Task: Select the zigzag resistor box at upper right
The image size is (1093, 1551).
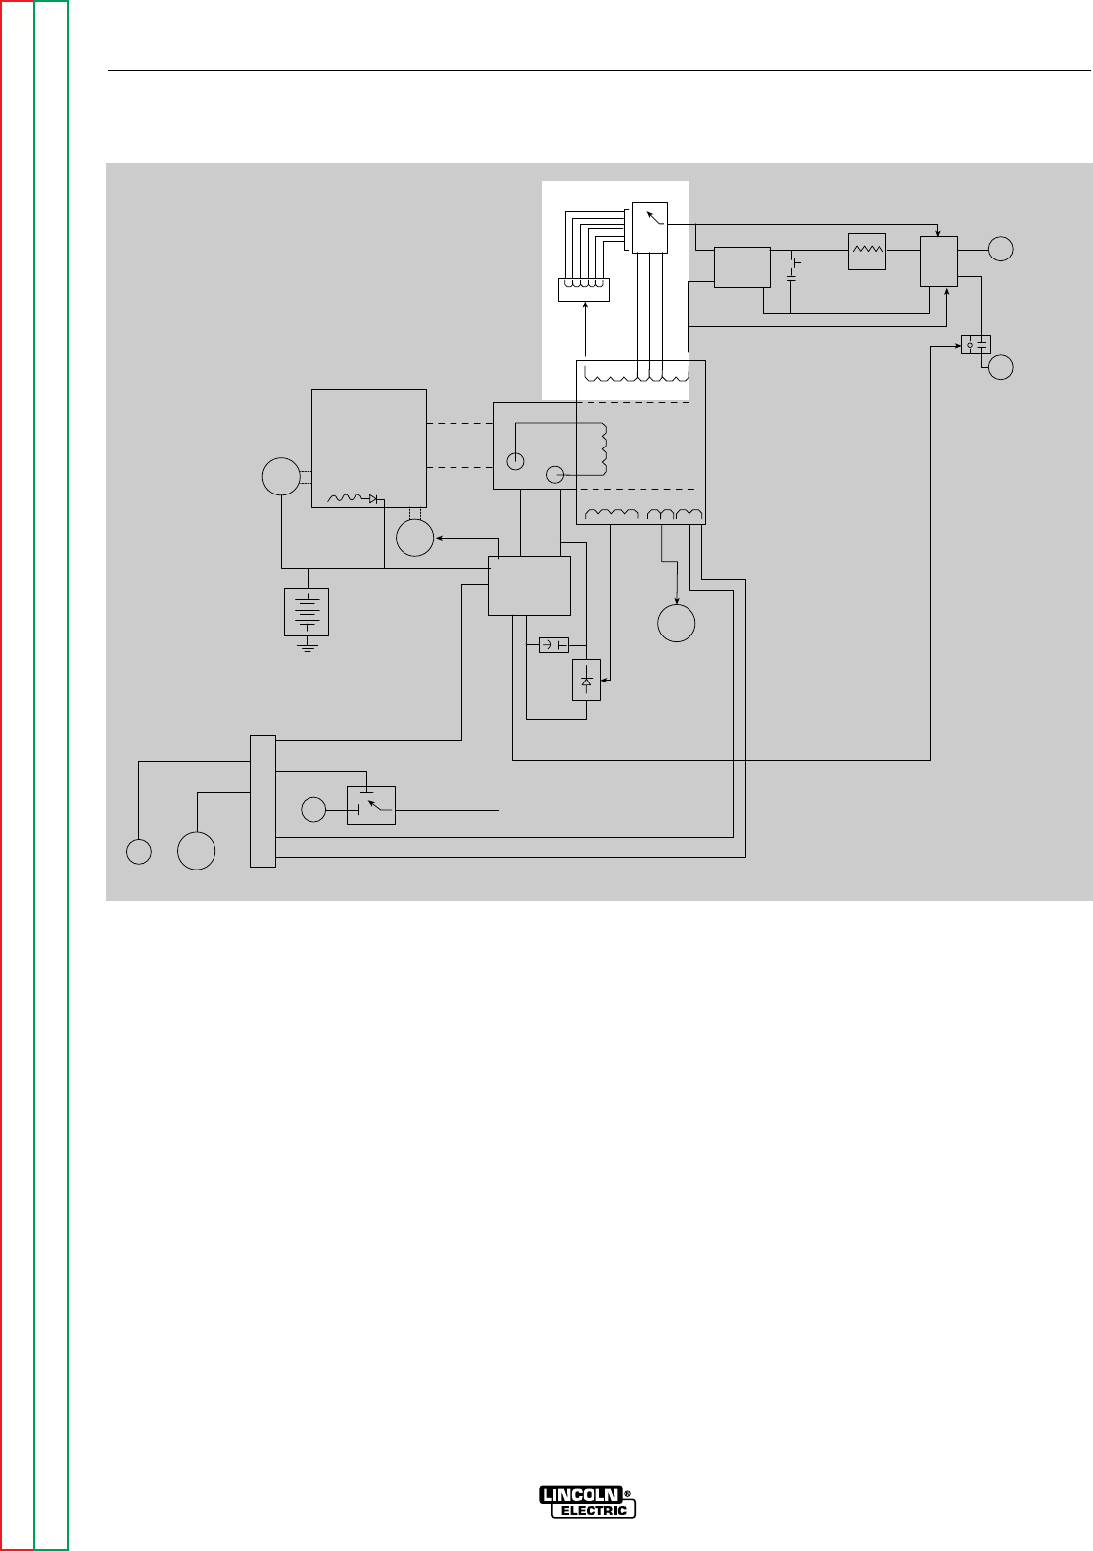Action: (x=868, y=252)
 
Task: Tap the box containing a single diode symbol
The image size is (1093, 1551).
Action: (x=587, y=680)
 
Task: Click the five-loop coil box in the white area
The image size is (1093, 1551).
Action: (x=584, y=289)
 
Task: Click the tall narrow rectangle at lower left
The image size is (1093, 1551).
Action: (x=263, y=800)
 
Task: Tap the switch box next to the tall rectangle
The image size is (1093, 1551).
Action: (x=371, y=805)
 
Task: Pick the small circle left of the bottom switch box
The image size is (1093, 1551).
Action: (x=312, y=810)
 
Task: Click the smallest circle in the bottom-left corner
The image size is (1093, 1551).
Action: (x=139, y=852)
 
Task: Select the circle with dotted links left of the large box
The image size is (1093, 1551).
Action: (x=280, y=478)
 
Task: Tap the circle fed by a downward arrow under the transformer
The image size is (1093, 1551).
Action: (x=677, y=623)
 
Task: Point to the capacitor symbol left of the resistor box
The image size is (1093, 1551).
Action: (x=793, y=270)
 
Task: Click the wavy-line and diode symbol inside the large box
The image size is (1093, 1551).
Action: (x=352, y=498)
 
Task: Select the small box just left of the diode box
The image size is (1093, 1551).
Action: (x=554, y=645)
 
